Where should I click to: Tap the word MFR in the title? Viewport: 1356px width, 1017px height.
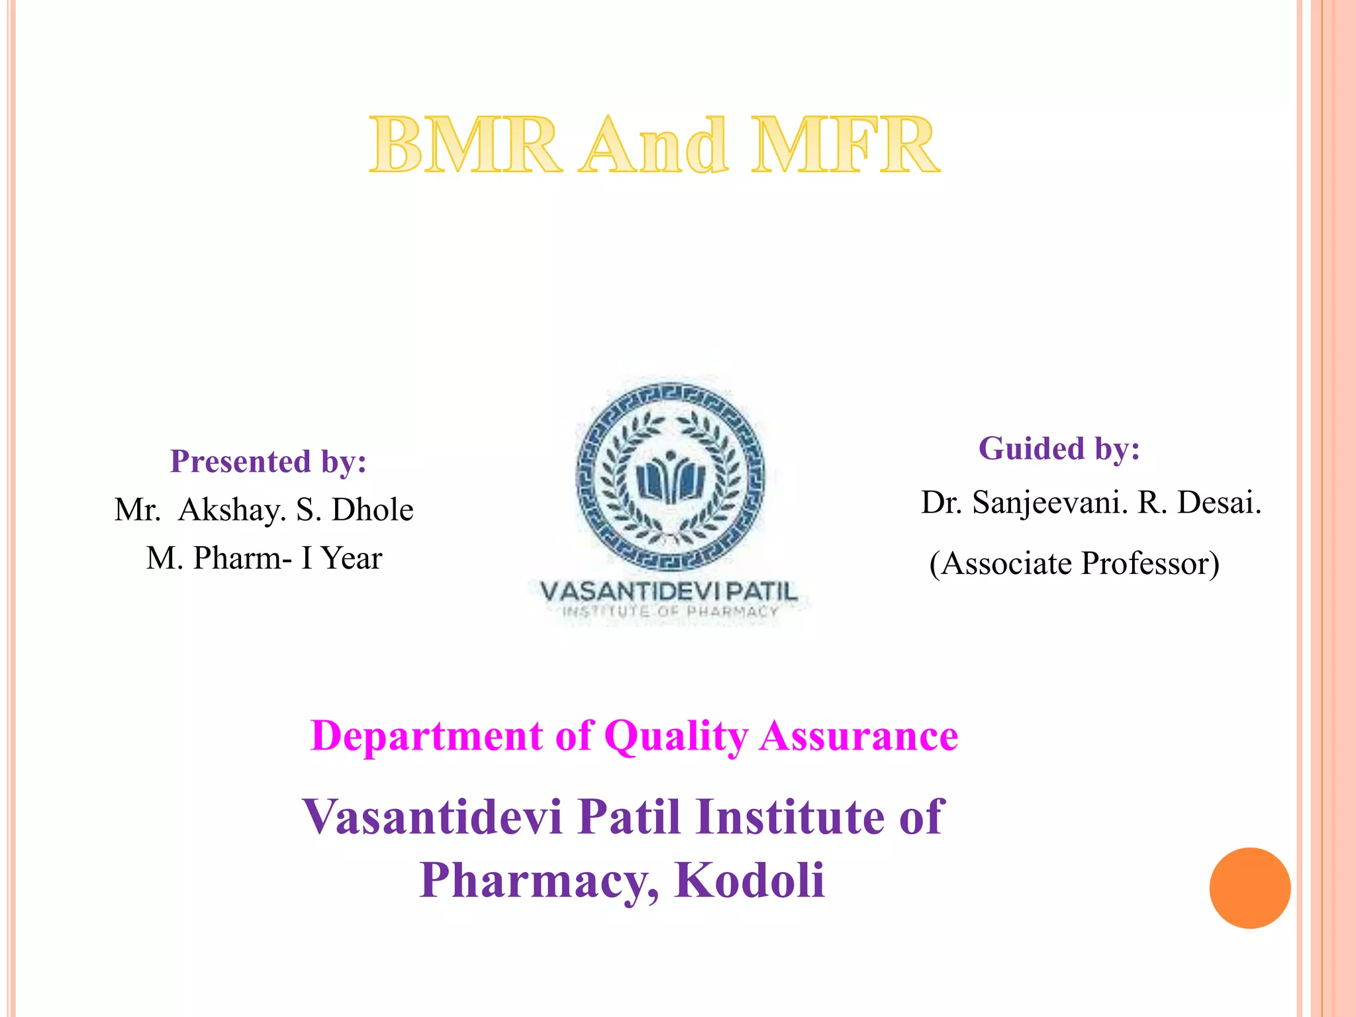tap(845, 145)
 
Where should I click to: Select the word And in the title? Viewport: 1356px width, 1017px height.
tap(653, 145)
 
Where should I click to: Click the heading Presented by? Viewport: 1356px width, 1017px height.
tap(268, 461)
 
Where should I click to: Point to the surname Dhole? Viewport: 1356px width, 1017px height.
tap(372, 510)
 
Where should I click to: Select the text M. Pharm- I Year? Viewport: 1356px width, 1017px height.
tap(264, 558)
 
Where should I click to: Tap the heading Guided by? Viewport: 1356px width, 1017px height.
tap(1059, 448)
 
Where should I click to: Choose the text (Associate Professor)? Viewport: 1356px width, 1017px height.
tap(1074, 563)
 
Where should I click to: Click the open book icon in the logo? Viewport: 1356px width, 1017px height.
tap(670, 481)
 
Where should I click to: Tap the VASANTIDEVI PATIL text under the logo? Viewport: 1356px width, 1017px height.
tap(669, 591)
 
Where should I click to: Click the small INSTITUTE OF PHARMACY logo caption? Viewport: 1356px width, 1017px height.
tap(670, 611)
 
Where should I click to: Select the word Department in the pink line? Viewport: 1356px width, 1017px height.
tap(426, 736)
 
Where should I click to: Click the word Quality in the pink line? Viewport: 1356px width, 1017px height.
tap(676, 736)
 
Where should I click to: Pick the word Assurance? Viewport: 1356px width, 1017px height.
tap(859, 736)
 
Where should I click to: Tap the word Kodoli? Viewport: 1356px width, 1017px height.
tap(750, 880)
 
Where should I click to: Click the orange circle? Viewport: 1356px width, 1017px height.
tap(1249, 888)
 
